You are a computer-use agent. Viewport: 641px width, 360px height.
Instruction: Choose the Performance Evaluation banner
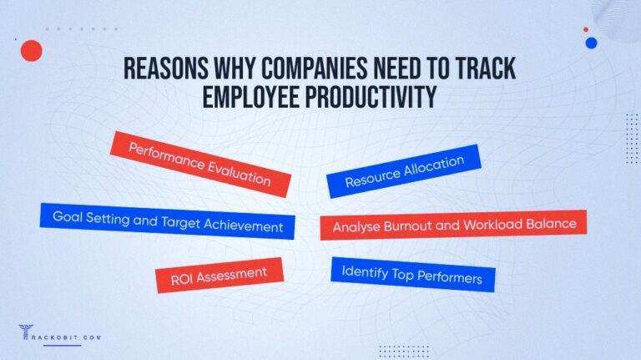tap(200, 163)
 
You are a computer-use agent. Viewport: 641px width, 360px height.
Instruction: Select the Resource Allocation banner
tap(404, 171)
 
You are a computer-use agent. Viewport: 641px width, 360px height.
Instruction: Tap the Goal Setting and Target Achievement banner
tap(167, 221)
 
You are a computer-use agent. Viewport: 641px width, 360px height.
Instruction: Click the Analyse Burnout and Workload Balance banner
tap(454, 225)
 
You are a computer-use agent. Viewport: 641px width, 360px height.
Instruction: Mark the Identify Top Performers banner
tap(413, 274)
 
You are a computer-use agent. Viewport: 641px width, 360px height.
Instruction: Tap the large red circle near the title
tap(31, 51)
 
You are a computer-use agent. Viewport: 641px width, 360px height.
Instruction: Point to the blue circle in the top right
tap(591, 43)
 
